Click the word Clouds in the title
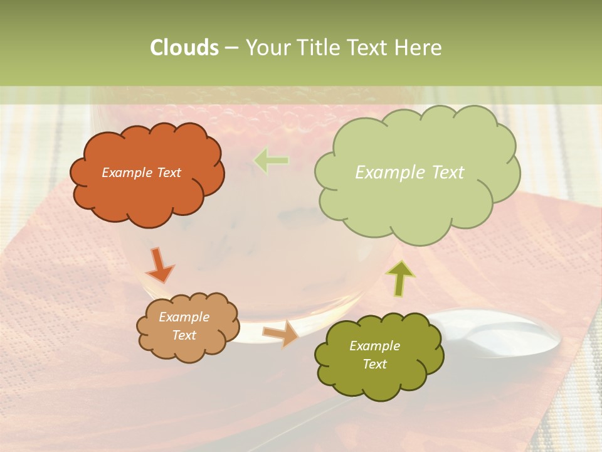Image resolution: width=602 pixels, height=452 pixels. click(x=184, y=48)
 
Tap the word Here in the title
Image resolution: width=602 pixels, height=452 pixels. click(x=419, y=48)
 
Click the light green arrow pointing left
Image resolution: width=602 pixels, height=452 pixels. click(x=271, y=161)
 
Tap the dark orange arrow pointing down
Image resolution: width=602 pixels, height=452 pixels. click(x=159, y=265)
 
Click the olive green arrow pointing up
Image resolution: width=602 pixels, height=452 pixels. click(x=400, y=277)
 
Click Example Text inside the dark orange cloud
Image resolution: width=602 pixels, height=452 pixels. click(x=141, y=173)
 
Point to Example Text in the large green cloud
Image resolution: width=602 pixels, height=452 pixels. click(x=409, y=173)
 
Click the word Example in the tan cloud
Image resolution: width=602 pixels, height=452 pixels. click(x=184, y=317)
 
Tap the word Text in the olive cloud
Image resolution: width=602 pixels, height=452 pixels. click(x=374, y=364)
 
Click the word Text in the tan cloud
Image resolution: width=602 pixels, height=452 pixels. click(x=184, y=335)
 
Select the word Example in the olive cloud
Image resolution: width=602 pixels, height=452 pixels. click(x=374, y=346)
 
